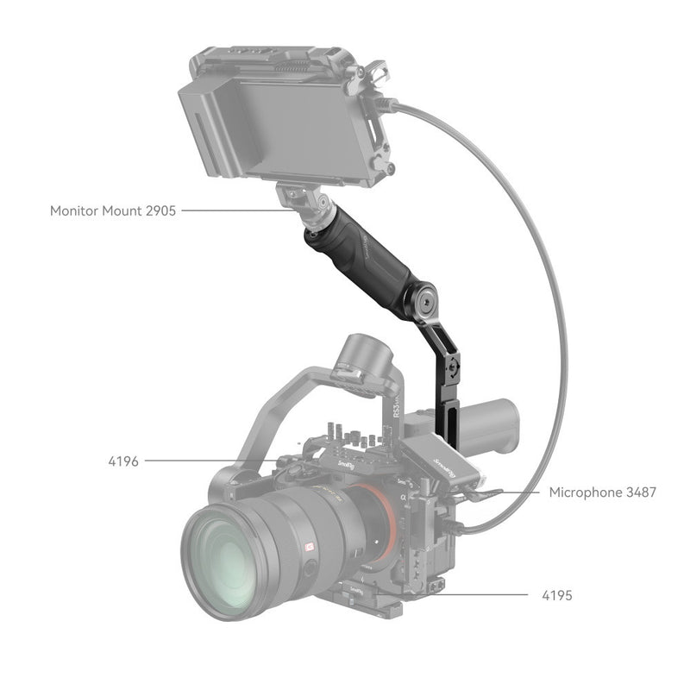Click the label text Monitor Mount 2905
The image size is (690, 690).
click(113, 210)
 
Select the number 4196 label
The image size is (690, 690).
click(124, 461)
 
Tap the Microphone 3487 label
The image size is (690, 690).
click(603, 492)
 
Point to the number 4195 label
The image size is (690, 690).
click(556, 595)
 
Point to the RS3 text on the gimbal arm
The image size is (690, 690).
click(422, 423)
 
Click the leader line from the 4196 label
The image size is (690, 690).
click(207, 461)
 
